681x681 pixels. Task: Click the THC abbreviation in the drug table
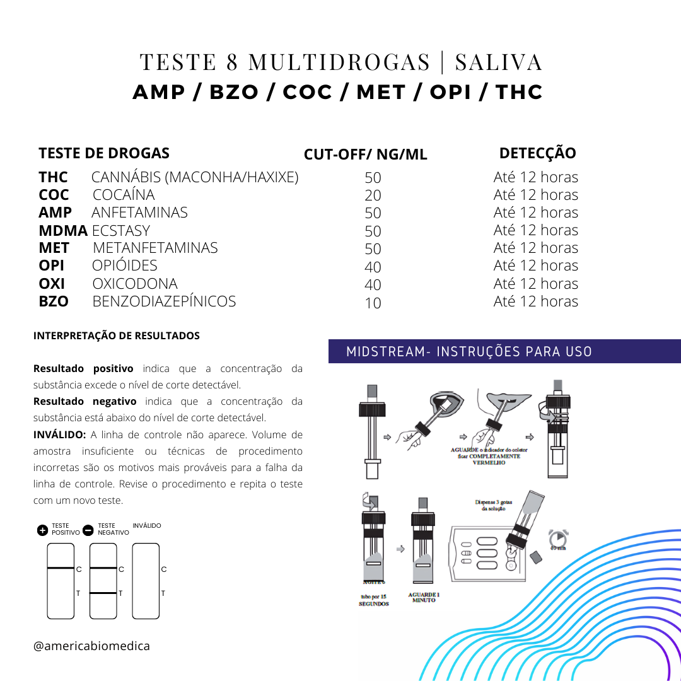click(53, 177)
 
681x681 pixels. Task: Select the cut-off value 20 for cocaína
click(373, 196)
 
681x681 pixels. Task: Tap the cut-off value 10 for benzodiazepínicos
click(373, 303)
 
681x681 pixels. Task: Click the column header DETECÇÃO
click(537, 153)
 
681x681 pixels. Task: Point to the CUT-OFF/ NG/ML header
click(365, 155)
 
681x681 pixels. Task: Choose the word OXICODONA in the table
click(135, 284)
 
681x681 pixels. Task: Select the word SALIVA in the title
click(498, 62)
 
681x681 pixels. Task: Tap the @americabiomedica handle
click(91, 646)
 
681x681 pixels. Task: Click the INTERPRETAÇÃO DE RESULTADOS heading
click(117, 335)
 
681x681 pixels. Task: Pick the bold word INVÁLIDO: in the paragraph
click(59, 434)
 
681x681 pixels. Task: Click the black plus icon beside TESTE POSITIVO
click(42, 530)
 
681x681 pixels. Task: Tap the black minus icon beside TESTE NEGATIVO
click(88, 530)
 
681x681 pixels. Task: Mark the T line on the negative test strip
click(103, 593)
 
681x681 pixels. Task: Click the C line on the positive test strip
click(61, 569)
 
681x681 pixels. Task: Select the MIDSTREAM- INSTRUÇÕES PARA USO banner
click(470, 351)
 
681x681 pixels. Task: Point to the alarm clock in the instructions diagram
click(557, 539)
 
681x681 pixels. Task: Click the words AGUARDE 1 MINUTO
click(424, 597)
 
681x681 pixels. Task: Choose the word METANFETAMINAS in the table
click(155, 248)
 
